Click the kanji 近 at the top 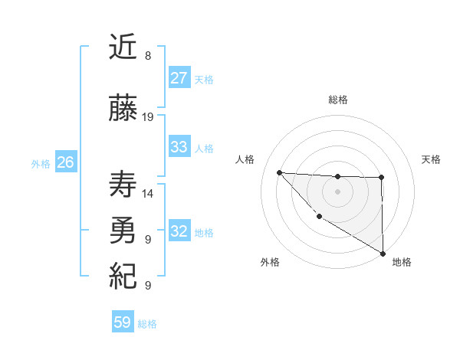[x=123, y=48]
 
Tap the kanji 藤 [x=123, y=110]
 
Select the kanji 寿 [x=123, y=185]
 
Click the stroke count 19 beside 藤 [x=148, y=117]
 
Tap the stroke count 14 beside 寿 [x=148, y=194]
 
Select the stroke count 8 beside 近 [x=147, y=56]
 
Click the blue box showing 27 [x=179, y=78]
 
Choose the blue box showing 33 [x=179, y=147]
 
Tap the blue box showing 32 [x=179, y=231]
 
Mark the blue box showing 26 [x=65, y=162]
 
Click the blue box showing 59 [x=123, y=322]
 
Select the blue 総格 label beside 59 [x=147, y=324]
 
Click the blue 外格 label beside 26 [x=41, y=164]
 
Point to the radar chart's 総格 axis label [x=337, y=100]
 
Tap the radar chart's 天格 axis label [x=432, y=159]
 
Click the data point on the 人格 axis [x=280, y=172]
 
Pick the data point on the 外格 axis [x=319, y=216]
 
